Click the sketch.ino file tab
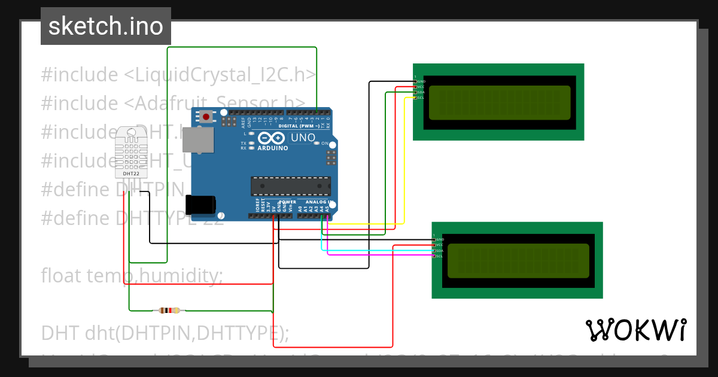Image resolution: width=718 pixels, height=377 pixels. pyautogui.click(x=105, y=26)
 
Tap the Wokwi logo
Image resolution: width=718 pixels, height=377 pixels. pyautogui.click(x=635, y=330)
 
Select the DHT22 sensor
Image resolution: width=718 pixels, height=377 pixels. pyautogui.click(x=132, y=152)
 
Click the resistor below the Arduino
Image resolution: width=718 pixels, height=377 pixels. pyautogui.click(x=169, y=310)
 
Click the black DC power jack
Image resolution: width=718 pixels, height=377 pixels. pyautogui.click(x=199, y=205)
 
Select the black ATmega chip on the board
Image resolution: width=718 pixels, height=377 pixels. pyautogui.click(x=290, y=186)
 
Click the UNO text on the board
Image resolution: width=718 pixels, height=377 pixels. pyautogui.click(x=303, y=138)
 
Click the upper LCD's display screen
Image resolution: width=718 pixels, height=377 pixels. pyautogui.click(x=499, y=102)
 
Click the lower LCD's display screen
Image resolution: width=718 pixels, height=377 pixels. pyautogui.click(x=518, y=260)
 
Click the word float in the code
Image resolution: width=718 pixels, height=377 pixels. pyautogui.click(x=62, y=276)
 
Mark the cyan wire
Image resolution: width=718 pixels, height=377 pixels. pyautogui.click(x=377, y=250)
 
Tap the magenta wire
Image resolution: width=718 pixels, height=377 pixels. pyautogui.click(x=377, y=256)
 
